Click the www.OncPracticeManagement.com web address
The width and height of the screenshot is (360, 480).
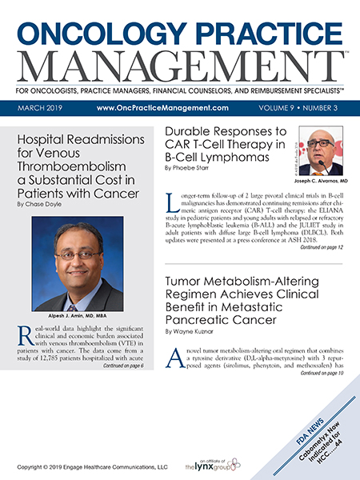(x=162, y=107)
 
